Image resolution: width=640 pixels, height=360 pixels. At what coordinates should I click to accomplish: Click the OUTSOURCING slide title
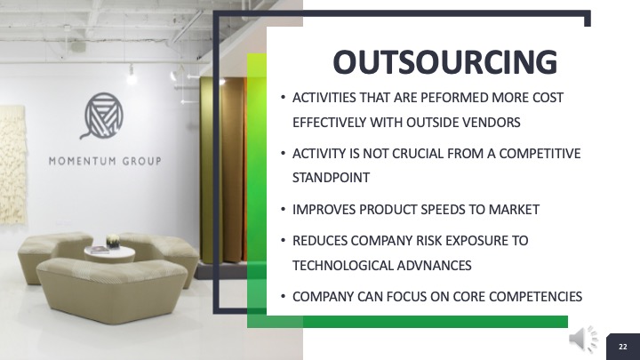445,62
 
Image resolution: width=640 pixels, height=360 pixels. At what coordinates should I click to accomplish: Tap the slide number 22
623,347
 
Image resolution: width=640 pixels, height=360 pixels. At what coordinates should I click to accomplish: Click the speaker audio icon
584,339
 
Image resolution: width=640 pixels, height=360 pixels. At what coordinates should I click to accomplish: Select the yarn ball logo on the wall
102,116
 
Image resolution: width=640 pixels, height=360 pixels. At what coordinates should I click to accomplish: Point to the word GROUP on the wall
142,161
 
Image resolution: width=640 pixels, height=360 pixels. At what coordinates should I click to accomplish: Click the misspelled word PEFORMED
454,98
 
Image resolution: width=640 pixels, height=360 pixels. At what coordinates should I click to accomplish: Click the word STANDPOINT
331,178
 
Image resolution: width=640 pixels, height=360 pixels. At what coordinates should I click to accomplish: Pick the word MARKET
514,210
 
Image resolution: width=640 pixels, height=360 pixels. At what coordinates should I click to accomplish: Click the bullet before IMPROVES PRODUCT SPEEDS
283,210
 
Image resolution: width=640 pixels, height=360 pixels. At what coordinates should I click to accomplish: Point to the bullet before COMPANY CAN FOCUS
283,297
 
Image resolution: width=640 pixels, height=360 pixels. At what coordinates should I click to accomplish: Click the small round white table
109,254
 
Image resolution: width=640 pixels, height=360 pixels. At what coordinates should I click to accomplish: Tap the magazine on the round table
99,250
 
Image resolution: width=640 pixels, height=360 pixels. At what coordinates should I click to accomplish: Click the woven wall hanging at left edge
12,164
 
